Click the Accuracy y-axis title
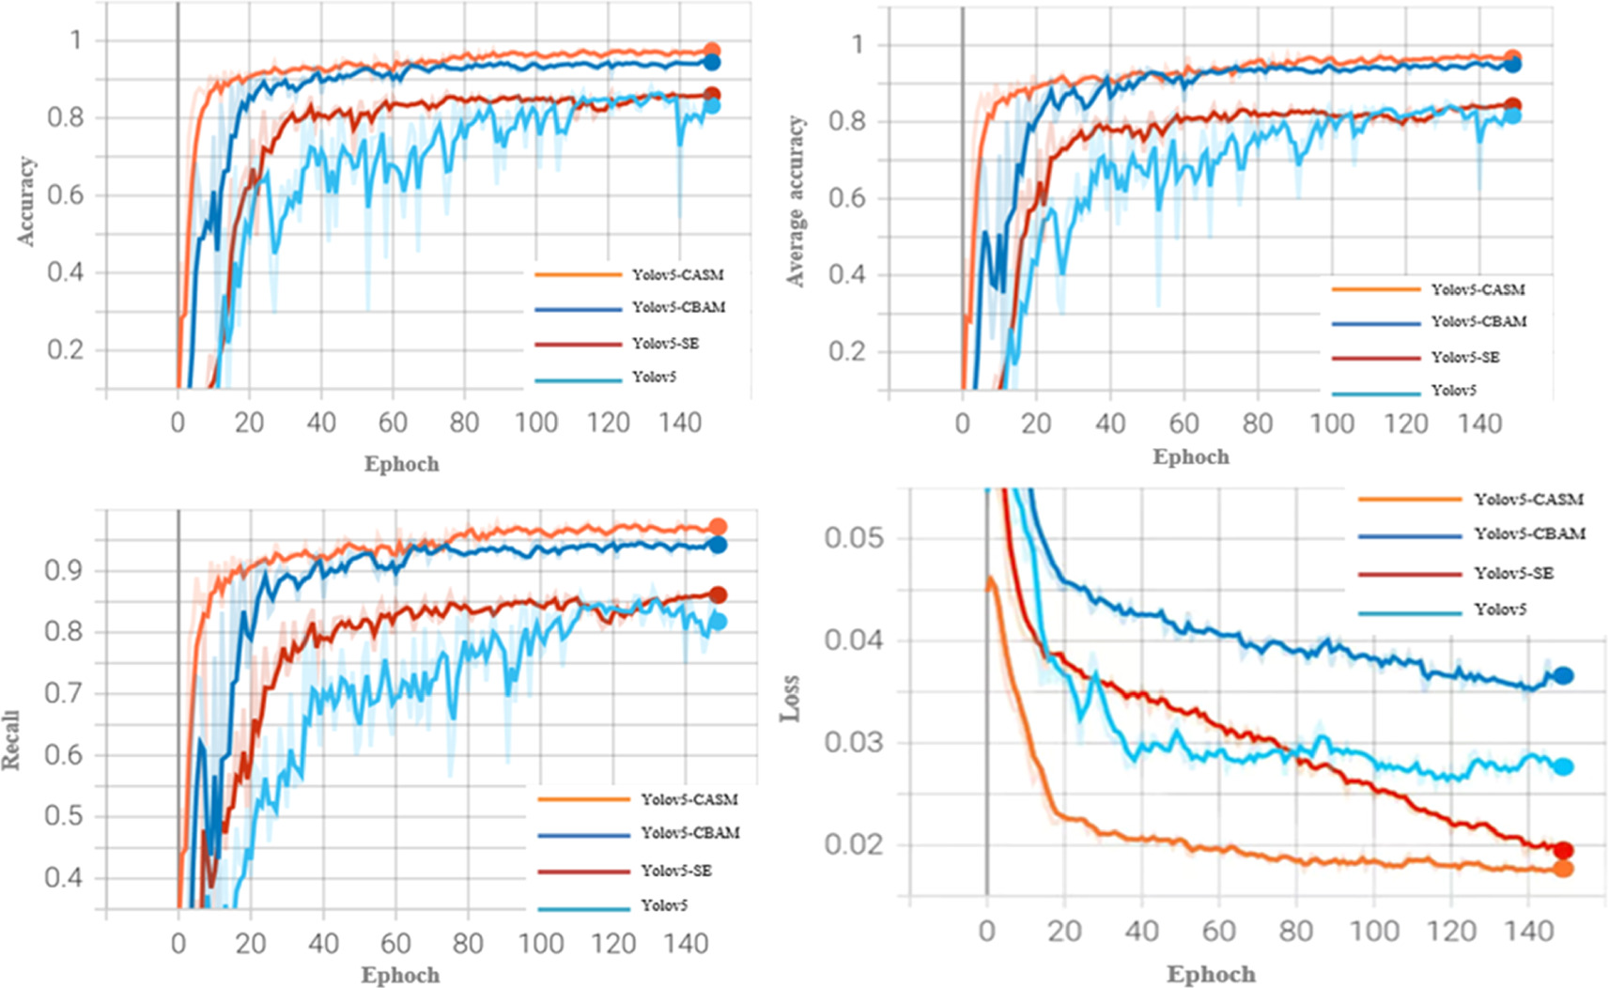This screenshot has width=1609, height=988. (x=26, y=201)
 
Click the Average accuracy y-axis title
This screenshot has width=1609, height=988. (x=797, y=201)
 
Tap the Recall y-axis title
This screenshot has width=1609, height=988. (x=10, y=741)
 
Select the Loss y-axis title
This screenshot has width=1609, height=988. (x=790, y=697)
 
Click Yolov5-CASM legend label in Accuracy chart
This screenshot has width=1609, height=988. (x=677, y=275)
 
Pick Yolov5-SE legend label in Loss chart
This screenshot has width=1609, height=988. (x=1513, y=573)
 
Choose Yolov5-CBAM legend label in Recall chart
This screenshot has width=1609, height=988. (x=689, y=833)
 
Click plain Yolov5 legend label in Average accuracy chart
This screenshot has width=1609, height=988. (x=1453, y=390)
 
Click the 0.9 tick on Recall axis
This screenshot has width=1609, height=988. (x=63, y=571)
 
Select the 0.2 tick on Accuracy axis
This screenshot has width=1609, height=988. (x=66, y=350)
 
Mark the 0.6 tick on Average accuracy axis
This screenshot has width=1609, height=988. (x=846, y=198)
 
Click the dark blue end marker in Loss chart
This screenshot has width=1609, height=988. (x=1563, y=675)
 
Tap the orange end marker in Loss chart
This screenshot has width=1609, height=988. (x=1563, y=869)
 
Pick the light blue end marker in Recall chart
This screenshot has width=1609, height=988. (x=718, y=621)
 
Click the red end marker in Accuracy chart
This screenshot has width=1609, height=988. (x=712, y=95)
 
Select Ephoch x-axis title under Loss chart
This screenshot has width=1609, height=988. (x=1211, y=975)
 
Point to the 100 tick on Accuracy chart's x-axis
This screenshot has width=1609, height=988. (x=536, y=423)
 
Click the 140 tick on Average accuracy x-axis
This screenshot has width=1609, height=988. (x=1479, y=424)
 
